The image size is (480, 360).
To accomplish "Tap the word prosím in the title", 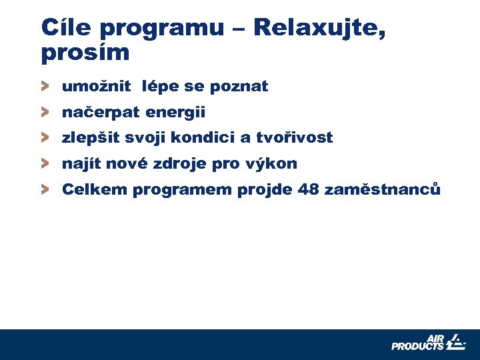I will point(85,53).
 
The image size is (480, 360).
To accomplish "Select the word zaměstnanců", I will point(382,190).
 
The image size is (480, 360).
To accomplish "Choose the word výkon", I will point(274,164).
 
